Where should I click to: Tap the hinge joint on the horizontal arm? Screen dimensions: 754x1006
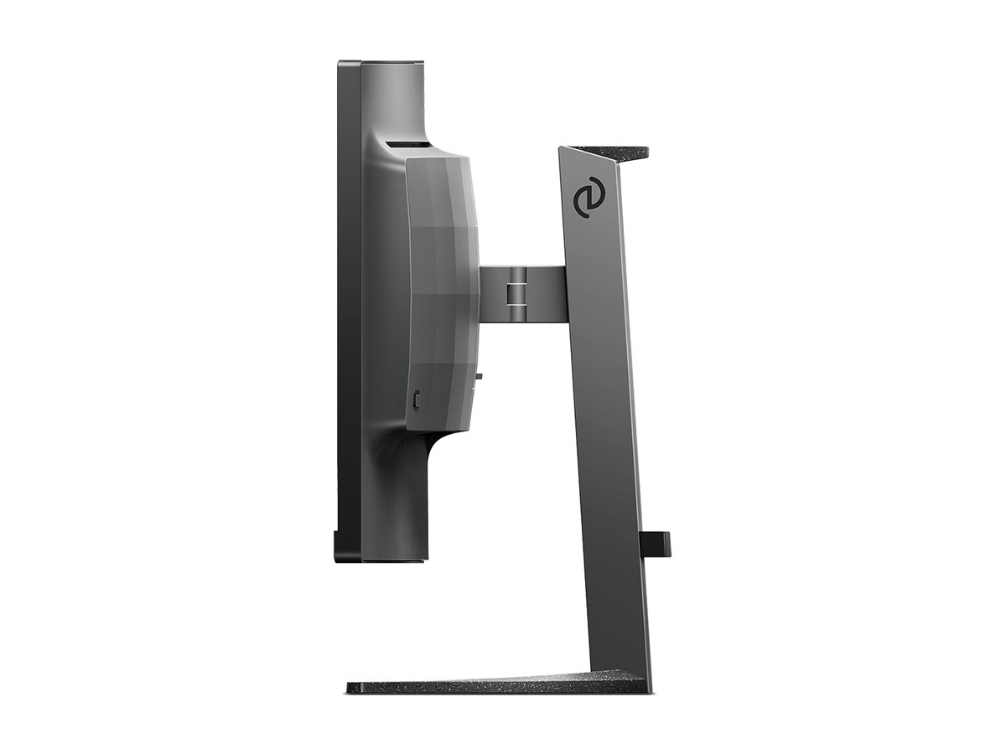(x=518, y=292)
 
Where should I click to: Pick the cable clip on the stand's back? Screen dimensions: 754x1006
(x=656, y=542)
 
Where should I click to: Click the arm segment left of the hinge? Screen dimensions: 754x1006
(x=495, y=292)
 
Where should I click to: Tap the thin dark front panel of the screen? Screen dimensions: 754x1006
(x=348, y=310)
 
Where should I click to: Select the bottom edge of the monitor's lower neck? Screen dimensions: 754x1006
(x=394, y=559)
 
